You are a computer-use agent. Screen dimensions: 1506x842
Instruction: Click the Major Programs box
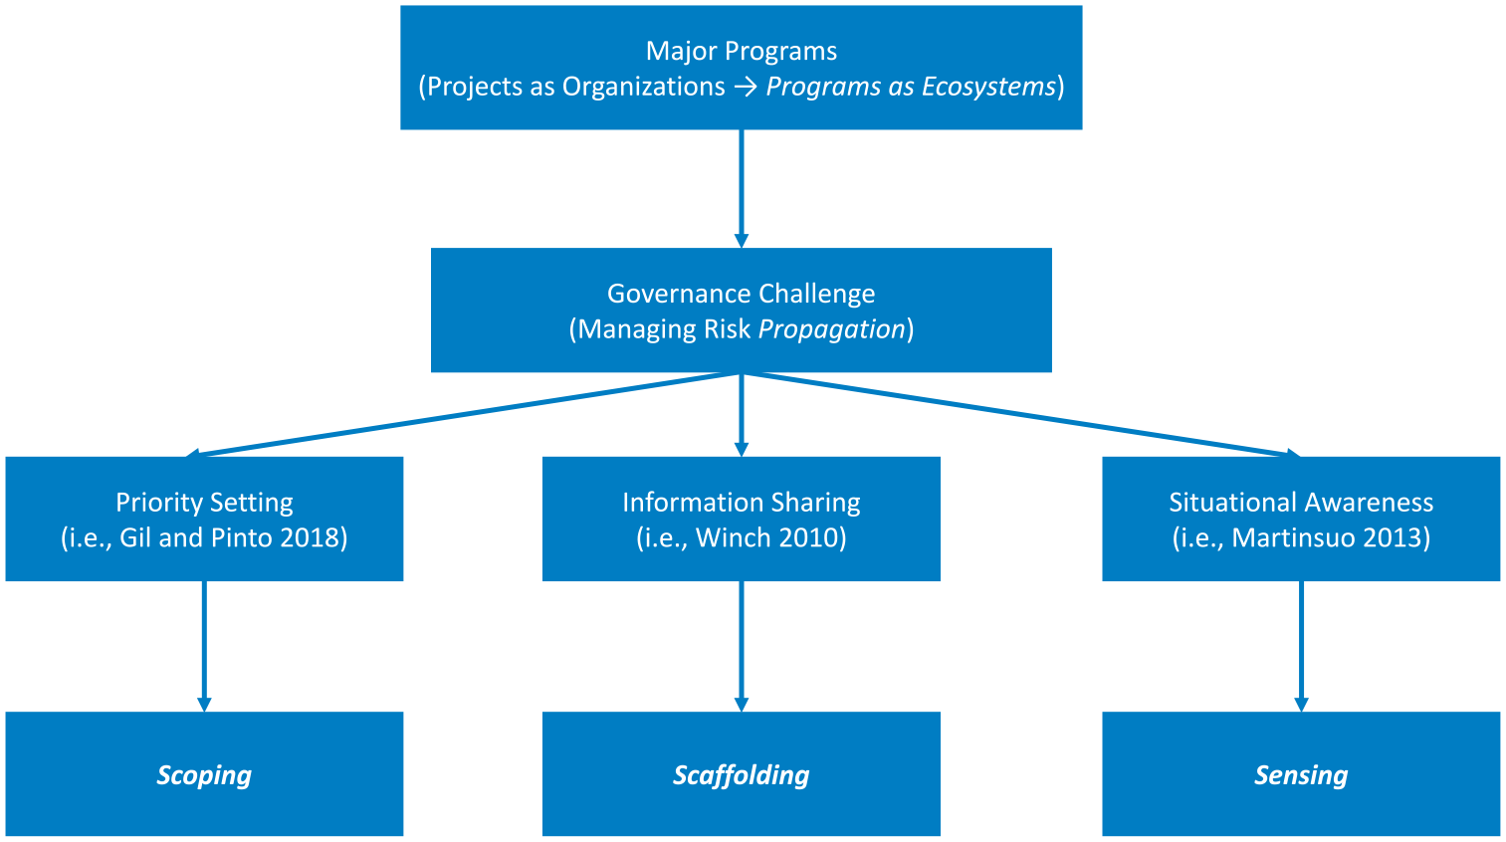click(741, 68)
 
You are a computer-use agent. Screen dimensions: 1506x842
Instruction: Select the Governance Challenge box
click(741, 310)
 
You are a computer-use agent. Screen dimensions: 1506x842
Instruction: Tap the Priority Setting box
click(204, 519)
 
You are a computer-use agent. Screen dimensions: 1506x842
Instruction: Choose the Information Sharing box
click(741, 519)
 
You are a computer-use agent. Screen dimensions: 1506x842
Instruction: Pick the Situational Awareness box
click(1301, 519)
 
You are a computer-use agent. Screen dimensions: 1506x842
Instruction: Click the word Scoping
click(204, 775)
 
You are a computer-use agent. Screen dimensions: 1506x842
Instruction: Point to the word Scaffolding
click(741, 775)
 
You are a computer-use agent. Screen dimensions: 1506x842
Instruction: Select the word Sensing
click(1301, 775)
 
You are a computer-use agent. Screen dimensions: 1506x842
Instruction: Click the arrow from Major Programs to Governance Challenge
click(741, 189)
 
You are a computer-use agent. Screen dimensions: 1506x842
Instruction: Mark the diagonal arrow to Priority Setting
click(464, 415)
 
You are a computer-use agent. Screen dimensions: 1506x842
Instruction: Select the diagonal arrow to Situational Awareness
click(1020, 415)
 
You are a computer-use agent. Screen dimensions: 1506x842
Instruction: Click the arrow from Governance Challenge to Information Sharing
click(741, 415)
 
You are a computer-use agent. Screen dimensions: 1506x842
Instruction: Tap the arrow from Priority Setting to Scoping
click(204, 647)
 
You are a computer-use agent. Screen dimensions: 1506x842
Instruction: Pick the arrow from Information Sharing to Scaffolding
click(741, 647)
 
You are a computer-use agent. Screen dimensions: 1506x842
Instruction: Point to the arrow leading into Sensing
click(1301, 647)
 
